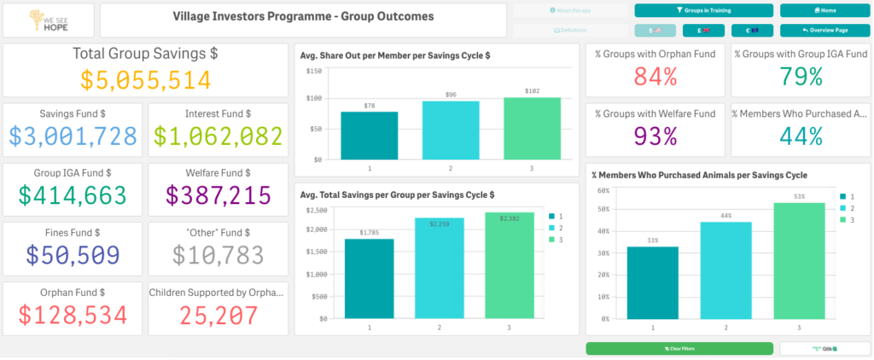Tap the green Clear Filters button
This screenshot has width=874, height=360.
(679, 349)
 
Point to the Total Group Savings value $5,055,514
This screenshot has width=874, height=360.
(146, 80)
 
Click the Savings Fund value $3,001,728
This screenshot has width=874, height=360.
(74, 136)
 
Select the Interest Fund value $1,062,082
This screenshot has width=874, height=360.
(218, 136)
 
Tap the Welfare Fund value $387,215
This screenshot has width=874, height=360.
(218, 195)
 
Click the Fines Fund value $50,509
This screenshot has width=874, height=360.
(74, 255)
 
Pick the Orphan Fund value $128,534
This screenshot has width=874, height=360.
(74, 314)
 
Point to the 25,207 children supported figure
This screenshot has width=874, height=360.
(218, 314)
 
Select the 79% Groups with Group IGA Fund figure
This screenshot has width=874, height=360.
(800, 77)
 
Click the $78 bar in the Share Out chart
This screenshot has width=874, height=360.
(369, 136)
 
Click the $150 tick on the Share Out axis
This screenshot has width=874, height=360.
(313, 71)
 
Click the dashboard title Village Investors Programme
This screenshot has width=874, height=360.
(303, 16)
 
